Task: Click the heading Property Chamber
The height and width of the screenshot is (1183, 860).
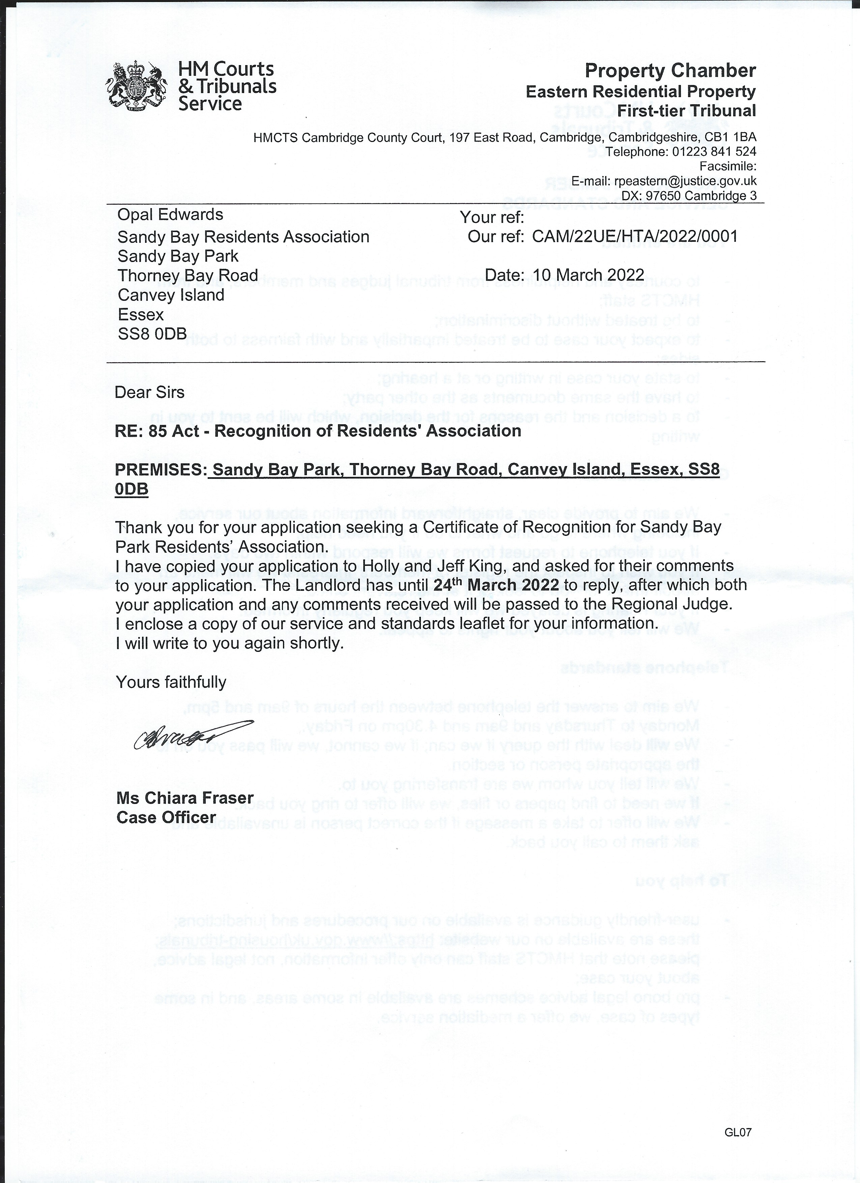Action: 670,70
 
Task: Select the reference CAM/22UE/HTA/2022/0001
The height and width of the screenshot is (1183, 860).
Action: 635,236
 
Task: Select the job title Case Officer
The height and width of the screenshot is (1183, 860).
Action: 166,817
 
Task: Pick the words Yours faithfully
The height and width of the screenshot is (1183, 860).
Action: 171,682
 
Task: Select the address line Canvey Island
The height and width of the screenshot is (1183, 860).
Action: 171,295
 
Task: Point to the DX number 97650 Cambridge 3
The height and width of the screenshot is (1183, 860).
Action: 700,196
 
